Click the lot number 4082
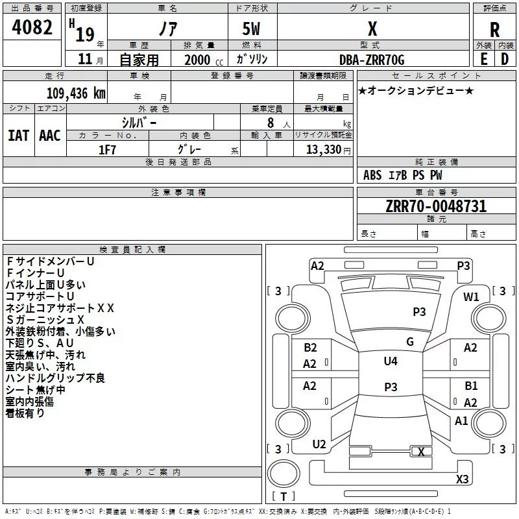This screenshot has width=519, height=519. coord(32,27)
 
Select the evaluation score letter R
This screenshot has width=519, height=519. coord(494,30)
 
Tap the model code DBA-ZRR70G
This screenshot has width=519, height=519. coord(372,60)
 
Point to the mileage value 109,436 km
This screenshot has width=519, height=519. coord(76,93)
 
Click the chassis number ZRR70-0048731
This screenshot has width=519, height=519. coord(436,206)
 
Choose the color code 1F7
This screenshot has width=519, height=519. coord(107,150)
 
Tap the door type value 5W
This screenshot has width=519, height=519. coord(251,29)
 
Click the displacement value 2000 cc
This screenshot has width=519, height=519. coord(204,60)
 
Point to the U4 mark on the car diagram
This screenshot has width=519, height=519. coord(391,361)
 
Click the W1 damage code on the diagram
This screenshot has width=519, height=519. coord(471,297)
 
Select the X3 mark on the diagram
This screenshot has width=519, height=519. coord(462,479)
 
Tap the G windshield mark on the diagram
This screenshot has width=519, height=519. coord(410,342)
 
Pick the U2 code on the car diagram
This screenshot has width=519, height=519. coord(319,444)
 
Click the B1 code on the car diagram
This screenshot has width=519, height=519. coord(471,386)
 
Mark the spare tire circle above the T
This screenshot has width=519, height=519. coord(284,474)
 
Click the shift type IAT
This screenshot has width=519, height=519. coord(19,136)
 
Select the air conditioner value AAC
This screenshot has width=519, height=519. coord(50,136)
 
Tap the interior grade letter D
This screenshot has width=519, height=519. coord(505,59)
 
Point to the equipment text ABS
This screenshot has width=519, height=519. coord(372,175)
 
